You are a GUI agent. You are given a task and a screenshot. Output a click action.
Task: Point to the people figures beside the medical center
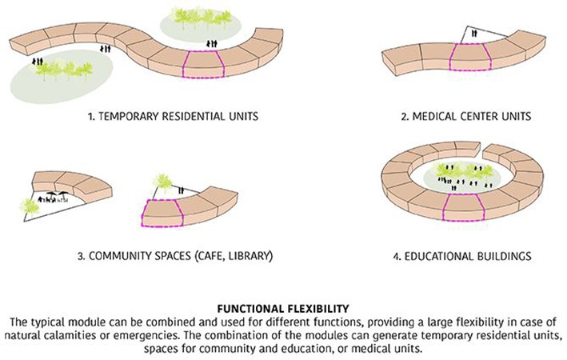(472, 34)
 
